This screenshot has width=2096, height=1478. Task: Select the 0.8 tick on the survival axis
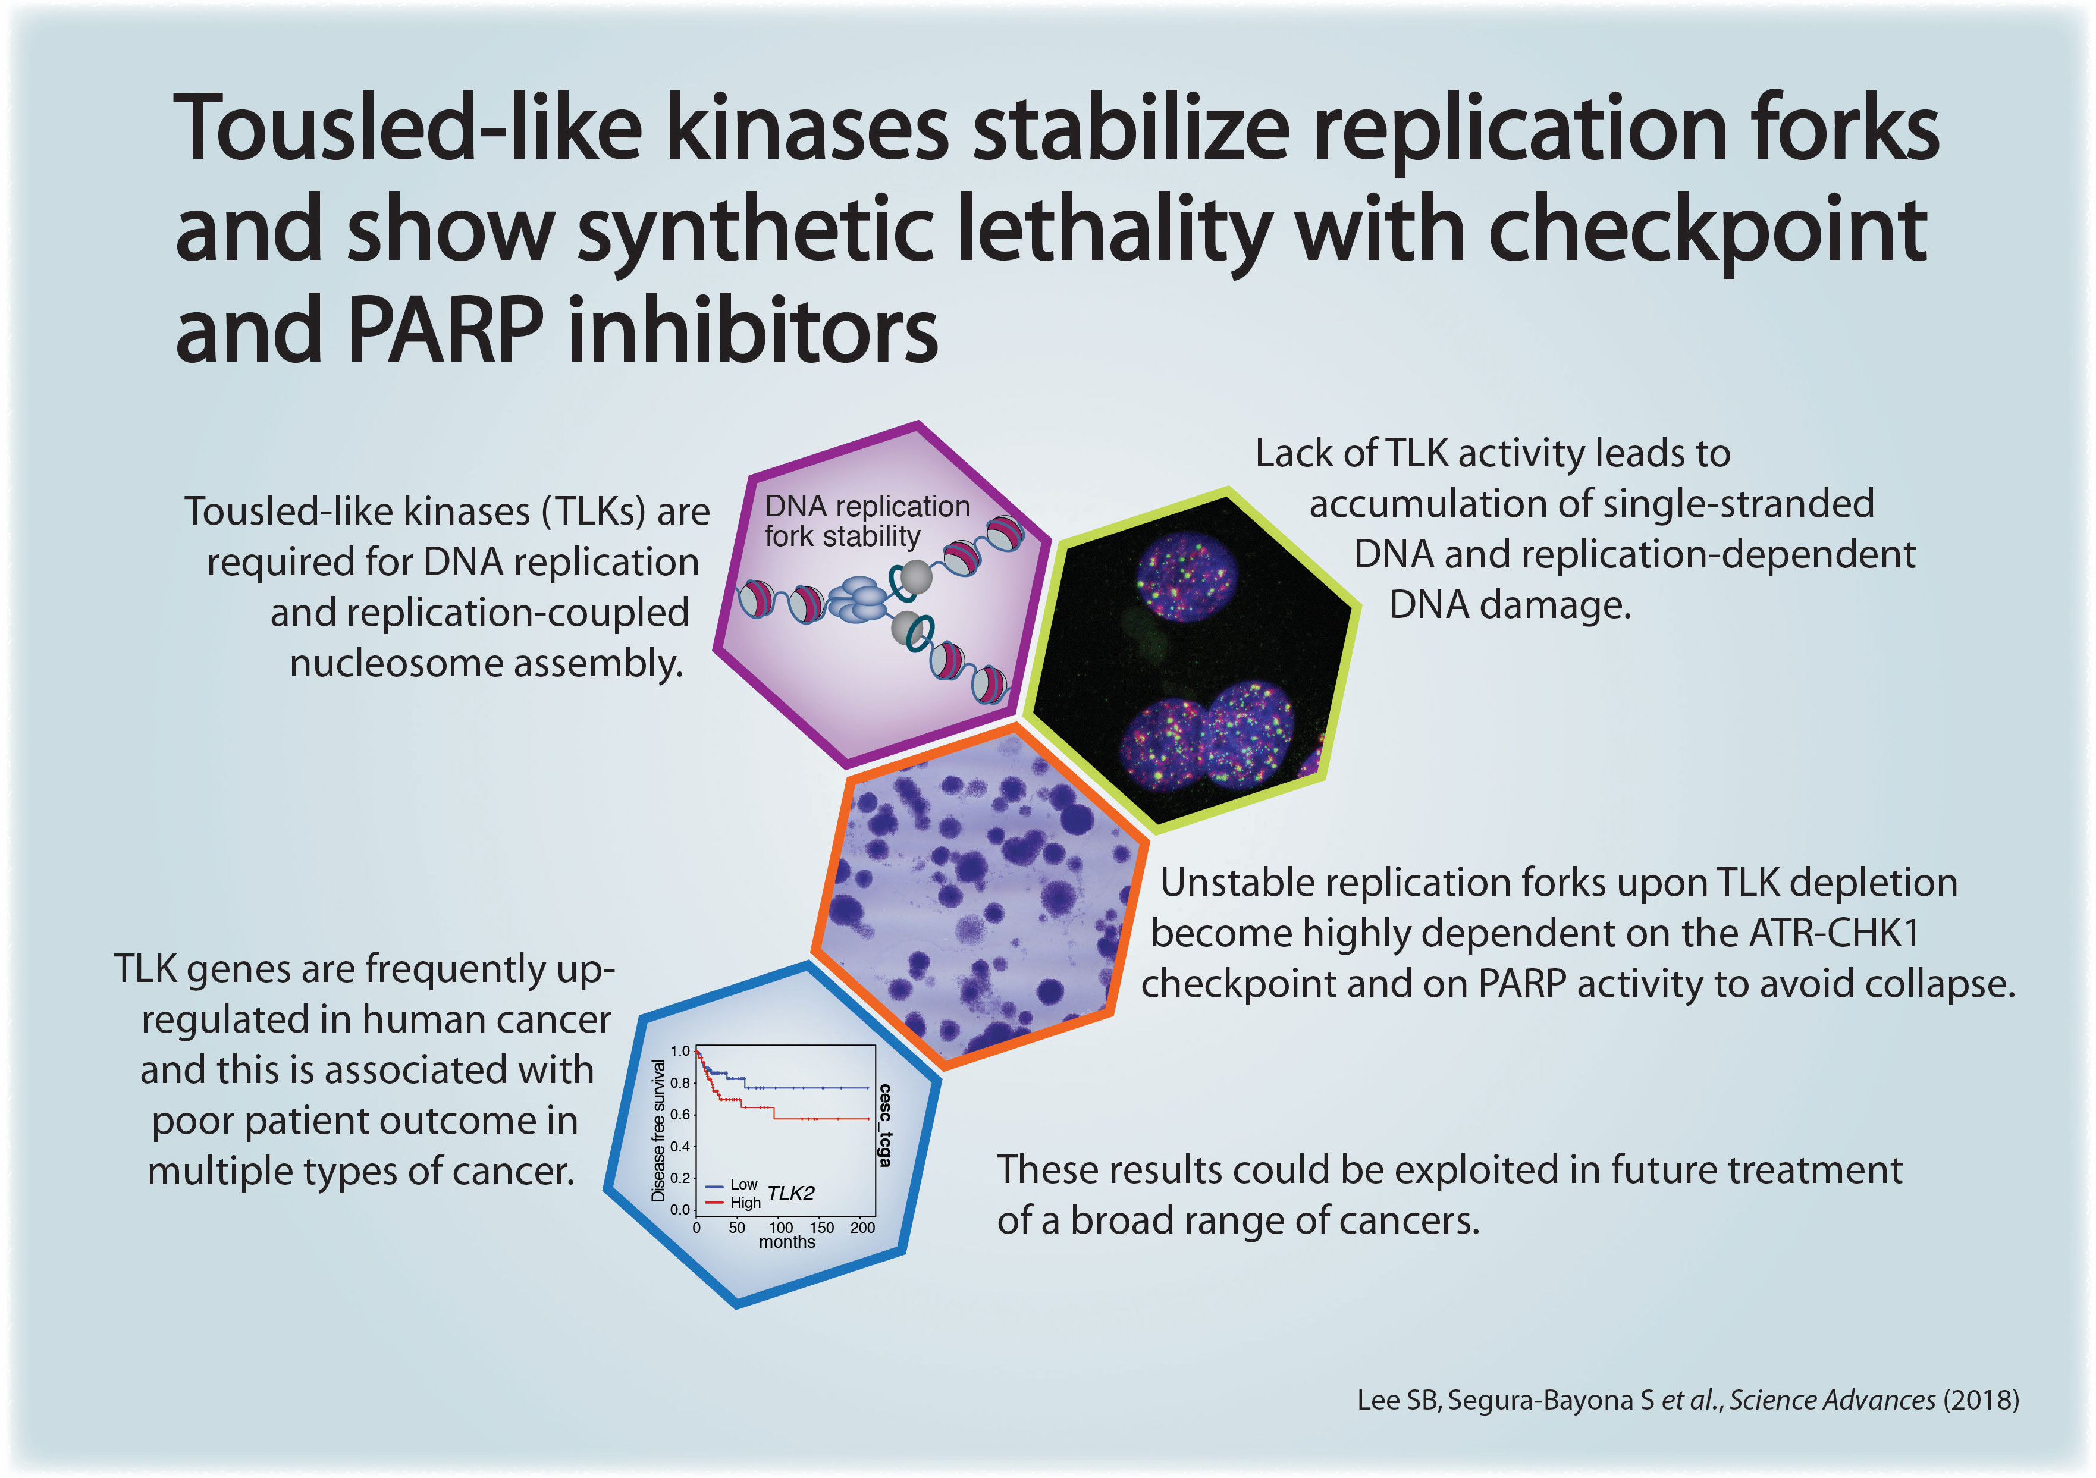680,1082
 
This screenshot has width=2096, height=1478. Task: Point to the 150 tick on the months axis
821,1228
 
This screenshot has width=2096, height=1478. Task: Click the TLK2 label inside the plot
790,1193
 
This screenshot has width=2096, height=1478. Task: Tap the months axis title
787,1242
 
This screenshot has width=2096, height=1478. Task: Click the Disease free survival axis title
658,1130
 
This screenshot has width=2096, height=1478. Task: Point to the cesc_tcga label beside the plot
884,1125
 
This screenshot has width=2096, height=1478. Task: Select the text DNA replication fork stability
867,521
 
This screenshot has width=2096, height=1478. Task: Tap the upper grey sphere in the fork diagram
915,577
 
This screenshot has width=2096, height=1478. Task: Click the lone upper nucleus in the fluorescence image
1187,578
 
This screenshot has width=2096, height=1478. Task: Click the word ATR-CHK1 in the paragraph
1834,933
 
